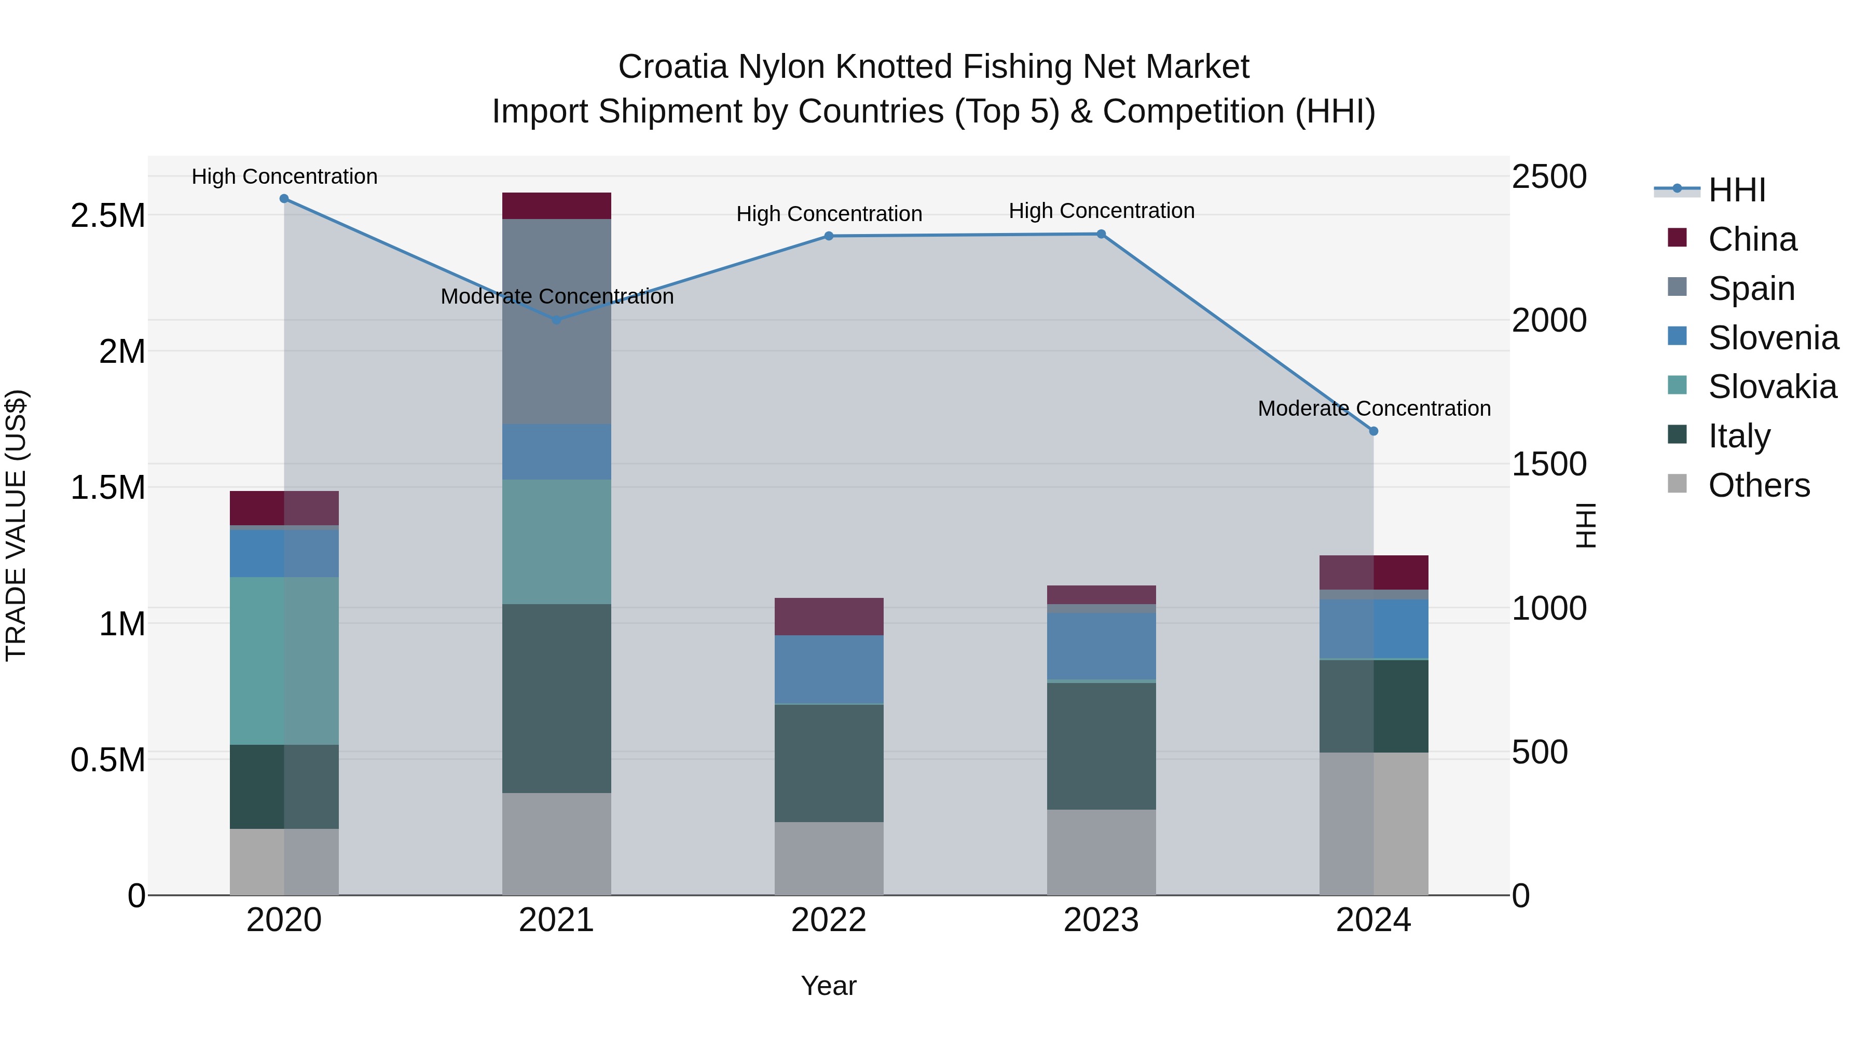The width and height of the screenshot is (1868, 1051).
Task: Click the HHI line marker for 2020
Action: coord(284,199)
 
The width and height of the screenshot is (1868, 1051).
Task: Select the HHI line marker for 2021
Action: coord(556,320)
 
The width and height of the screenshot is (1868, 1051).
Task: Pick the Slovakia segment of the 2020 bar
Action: coord(284,661)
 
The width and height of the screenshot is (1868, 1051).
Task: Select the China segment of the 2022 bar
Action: coord(829,617)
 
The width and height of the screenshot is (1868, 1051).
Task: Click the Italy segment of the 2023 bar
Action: coord(1101,746)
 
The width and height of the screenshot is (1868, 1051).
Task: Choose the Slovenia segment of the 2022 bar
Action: coord(829,670)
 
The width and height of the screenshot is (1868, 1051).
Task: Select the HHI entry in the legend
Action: coord(1736,190)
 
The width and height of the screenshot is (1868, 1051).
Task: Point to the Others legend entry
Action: coord(1758,485)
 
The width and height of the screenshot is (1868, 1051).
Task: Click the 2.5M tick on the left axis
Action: coord(107,216)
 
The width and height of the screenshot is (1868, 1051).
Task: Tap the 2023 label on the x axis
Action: coord(1101,920)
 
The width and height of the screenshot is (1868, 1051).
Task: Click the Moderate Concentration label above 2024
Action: coord(1373,408)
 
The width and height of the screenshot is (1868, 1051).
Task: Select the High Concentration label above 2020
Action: coord(284,177)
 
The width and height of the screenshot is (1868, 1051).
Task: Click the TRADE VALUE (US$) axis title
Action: coord(16,525)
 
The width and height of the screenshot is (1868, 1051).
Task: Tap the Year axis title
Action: coord(828,986)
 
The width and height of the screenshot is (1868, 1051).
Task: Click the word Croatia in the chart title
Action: coord(672,67)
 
